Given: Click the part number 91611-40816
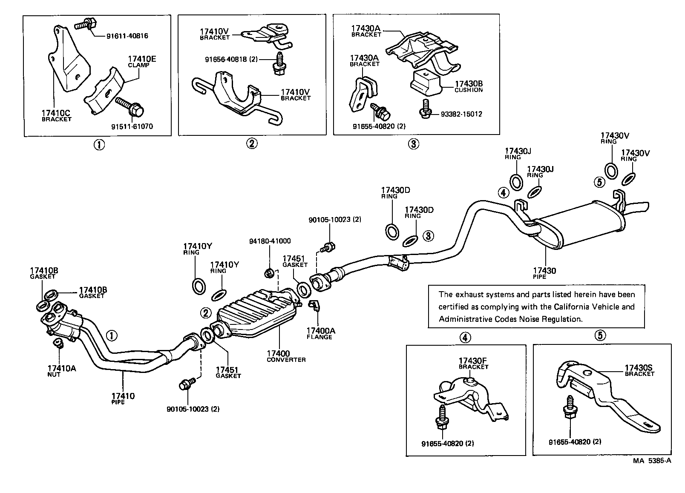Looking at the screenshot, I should [127, 36].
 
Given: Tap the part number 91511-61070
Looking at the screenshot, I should [132, 126].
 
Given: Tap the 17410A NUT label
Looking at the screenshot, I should [61, 370].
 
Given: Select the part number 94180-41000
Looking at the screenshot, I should [270, 241].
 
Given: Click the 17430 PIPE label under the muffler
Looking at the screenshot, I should [544, 273].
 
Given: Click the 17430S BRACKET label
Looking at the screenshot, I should [639, 370].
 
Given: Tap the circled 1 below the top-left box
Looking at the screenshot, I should [99, 145].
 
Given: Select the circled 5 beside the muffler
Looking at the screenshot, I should [599, 182].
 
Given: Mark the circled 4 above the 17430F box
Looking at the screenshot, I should [465, 338].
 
